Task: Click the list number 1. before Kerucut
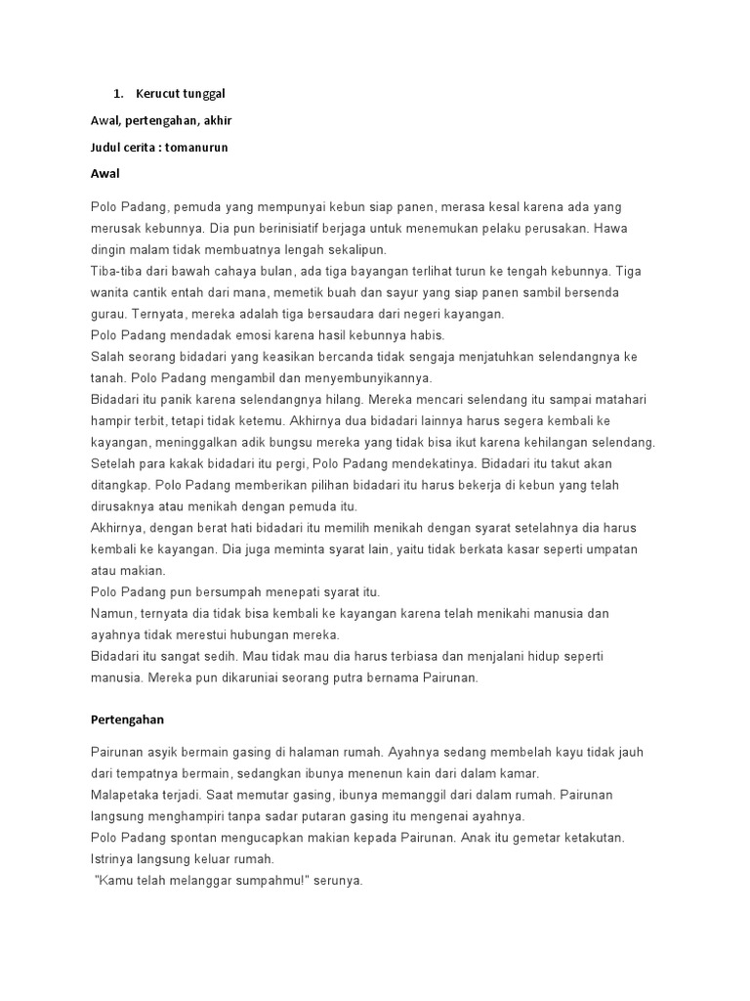[118, 93]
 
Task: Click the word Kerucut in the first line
[157, 93]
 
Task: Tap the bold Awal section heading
[104, 173]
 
